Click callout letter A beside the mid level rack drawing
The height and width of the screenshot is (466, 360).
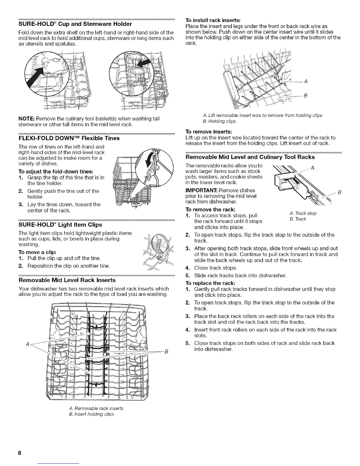pos(27,344)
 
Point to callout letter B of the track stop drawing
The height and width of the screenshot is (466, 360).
pos(339,193)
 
